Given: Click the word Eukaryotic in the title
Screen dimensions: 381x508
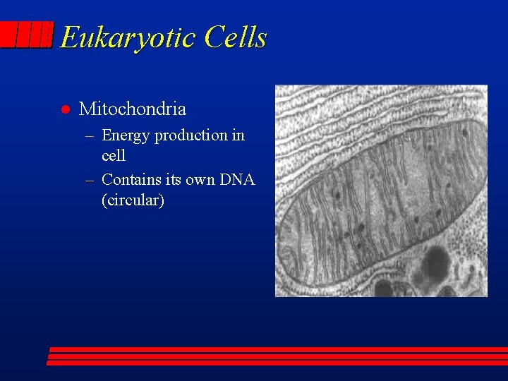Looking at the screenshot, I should (x=128, y=37).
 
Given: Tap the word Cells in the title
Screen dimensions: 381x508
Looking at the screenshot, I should (x=236, y=37).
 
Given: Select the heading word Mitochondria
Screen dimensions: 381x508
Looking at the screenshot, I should (x=133, y=109).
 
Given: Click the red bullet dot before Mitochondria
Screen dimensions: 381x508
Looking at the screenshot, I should (x=64, y=109).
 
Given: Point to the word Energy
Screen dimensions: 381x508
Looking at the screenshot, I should (x=126, y=135).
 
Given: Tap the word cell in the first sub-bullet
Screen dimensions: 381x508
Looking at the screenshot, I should (x=114, y=155).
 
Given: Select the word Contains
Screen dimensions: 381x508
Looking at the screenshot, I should (x=131, y=180).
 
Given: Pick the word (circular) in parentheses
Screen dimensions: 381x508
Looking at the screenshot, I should (x=133, y=200).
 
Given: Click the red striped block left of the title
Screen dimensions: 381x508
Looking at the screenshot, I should (x=27, y=35).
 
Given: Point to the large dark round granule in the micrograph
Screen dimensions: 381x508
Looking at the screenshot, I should (x=435, y=263).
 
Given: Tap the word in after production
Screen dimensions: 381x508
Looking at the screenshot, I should (x=238, y=135).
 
